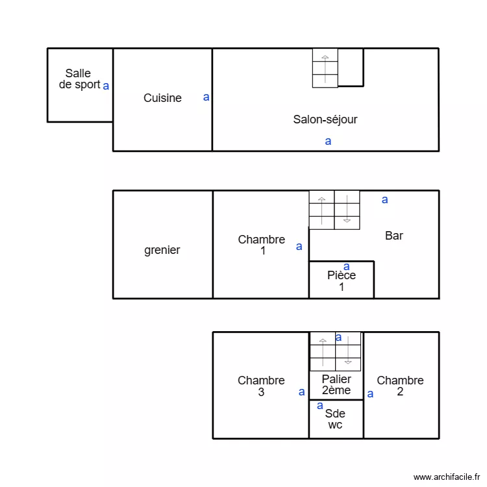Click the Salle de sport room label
pos(79,79)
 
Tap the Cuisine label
pos(162,98)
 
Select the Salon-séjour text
pos(325,119)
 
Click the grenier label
pos(162,250)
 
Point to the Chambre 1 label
pos(262,245)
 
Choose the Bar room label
pos(394,236)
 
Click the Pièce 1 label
pos(342,281)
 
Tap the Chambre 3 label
pos(261,386)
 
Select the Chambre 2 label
pos(400,386)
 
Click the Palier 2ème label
pos(336,384)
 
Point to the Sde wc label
pos(335,419)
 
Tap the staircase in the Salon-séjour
pos(325,68)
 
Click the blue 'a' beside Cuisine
pos(206,97)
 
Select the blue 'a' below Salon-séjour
pos(328,141)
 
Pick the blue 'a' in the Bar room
pos(385,200)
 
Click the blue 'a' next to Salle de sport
pos(106,85)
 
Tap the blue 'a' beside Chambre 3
pos(301,392)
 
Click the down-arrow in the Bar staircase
pos(347,210)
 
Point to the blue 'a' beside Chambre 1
pos(299,247)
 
